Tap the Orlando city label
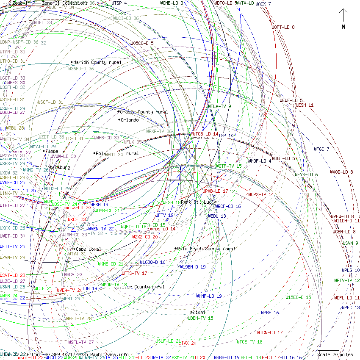point(130,120)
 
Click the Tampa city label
point(52,151)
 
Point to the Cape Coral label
point(88,249)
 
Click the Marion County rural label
point(97,62)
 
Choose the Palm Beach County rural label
point(206,249)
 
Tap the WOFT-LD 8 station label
point(283,27)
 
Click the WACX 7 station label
point(263,4)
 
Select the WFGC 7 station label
point(321,149)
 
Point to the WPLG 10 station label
point(351,270)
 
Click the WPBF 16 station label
point(270,313)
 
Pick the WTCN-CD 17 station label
point(270,332)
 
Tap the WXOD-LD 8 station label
point(341,172)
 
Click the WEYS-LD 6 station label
point(306,174)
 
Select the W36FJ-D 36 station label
point(81,68)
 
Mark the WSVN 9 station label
point(350,243)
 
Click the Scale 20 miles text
point(335,354)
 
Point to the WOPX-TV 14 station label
point(261,194)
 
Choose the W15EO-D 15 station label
point(298,297)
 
